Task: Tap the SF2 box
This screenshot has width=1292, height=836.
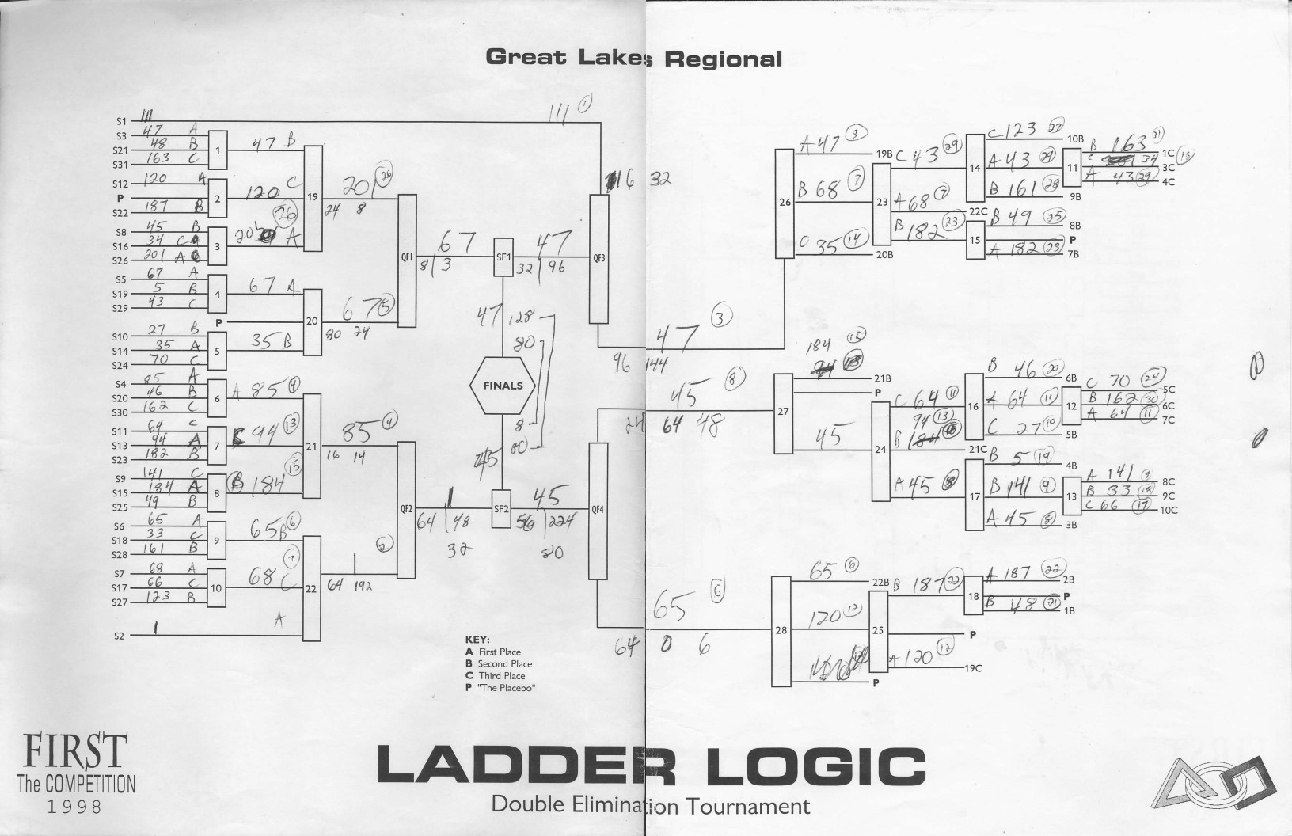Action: pyautogui.click(x=501, y=509)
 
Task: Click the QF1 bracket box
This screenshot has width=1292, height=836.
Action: pyautogui.click(x=407, y=260)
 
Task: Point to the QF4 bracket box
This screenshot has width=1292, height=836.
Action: pyautogui.click(x=598, y=511)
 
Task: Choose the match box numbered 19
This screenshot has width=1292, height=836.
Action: pyautogui.click(x=313, y=198)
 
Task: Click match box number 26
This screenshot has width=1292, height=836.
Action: pyautogui.click(x=785, y=203)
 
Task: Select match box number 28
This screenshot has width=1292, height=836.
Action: pyautogui.click(x=781, y=631)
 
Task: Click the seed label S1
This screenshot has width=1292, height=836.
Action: pyautogui.click(x=121, y=122)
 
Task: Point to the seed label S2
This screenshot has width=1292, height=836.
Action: pyautogui.click(x=120, y=636)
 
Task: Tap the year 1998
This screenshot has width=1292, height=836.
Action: pyautogui.click(x=75, y=807)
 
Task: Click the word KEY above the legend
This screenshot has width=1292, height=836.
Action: pyautogui.click(x=478, y=639)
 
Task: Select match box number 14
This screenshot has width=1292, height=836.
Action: pyautogui.click(x=975, y=168)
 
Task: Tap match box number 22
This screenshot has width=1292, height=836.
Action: pyautogui.click(x=311, y=588)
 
